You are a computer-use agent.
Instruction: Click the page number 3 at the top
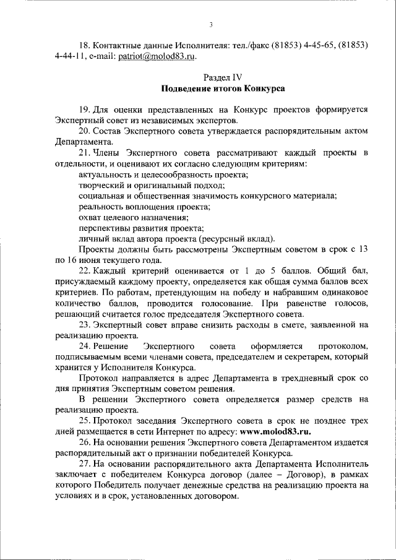[x=211, y=25]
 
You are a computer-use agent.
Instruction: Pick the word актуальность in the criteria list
[x=100, y=174]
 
